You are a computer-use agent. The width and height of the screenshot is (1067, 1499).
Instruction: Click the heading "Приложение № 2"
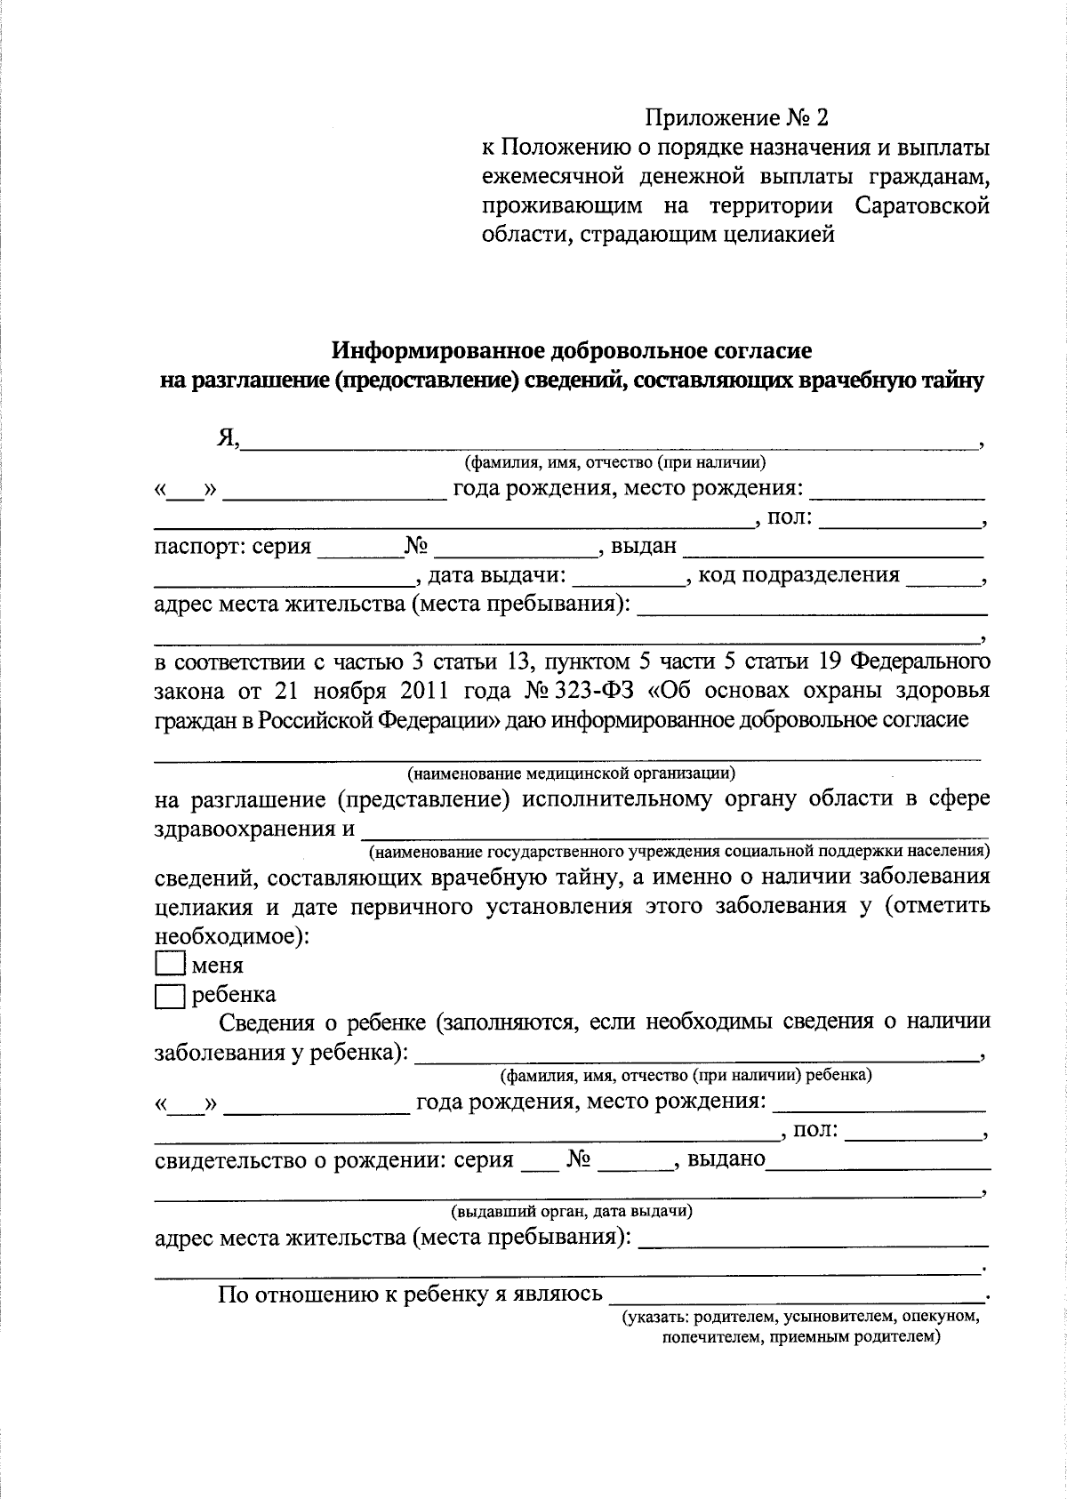(x=736, y=117)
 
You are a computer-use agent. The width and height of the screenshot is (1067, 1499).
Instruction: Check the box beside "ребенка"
(x=169, y=996)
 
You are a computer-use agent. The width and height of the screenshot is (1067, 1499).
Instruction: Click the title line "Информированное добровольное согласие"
(x=572, y=350)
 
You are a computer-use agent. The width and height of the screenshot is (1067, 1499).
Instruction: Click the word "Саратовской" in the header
(x=922, y=206)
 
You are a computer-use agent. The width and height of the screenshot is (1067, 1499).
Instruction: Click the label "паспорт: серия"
(x=233, y=546)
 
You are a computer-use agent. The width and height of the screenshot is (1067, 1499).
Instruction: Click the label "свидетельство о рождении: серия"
(x=334, y=1159)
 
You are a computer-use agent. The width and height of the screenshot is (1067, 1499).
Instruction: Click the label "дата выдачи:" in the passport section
(x=497, y=575)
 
